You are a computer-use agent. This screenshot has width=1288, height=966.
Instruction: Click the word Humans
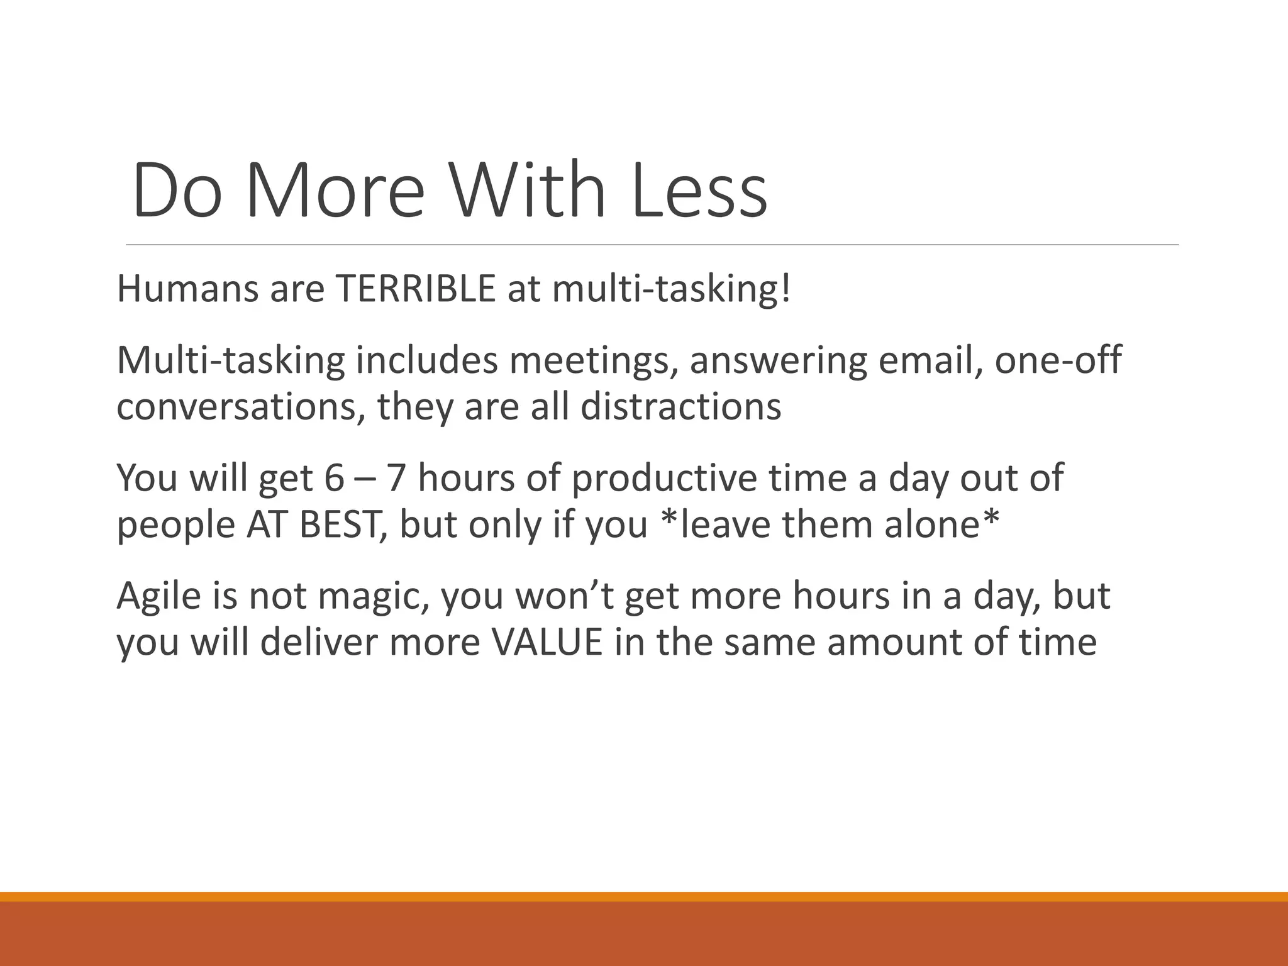pyautogui.click(x=187, y=289)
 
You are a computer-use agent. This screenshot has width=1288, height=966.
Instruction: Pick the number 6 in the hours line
pyautogui.click(x=335, y=478)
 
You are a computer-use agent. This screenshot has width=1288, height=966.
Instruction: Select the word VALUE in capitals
pyautogui.click(x=547, y=643)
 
